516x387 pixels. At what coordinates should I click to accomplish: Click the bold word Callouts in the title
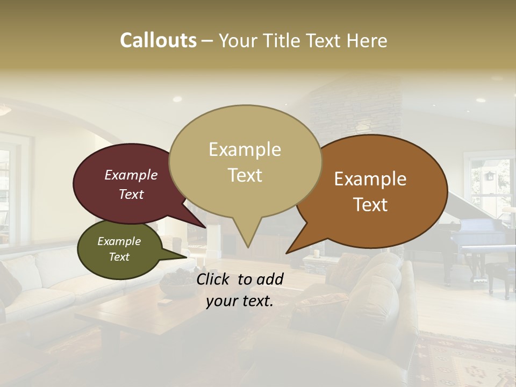[x=158, y=40]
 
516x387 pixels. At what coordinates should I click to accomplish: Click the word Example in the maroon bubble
[x=131, y=175]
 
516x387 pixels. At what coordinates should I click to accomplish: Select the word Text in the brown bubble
[x=371, y=205]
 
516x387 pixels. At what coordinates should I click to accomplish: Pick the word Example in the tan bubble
[x=245, y=149]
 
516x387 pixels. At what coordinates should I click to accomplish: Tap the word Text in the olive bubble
[x=119, y=257]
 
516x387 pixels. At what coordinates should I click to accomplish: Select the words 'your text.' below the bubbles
[x=240, y=302]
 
